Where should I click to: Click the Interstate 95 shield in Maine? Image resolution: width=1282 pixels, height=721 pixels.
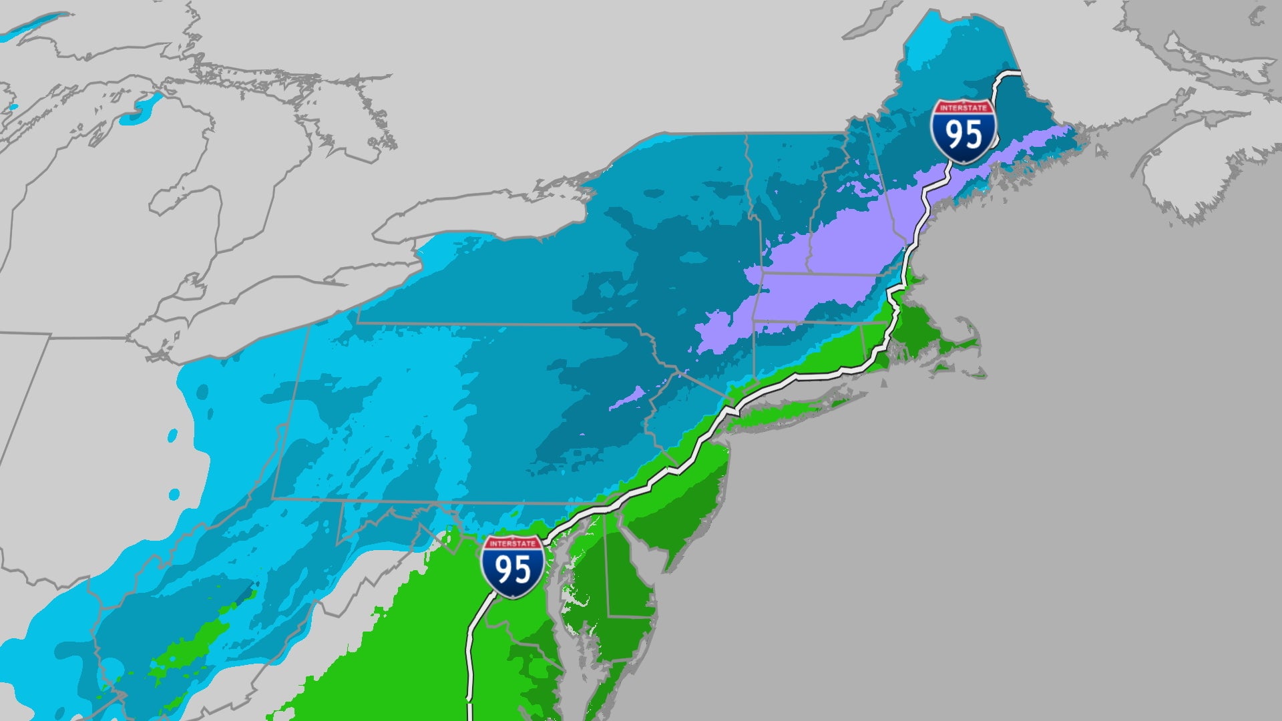pyautogui.click(x=964, y=132)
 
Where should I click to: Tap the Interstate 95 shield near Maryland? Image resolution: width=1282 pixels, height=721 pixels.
pyautogui.click(x=512, y=566)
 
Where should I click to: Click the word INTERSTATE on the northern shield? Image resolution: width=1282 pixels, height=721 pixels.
pyautogui.click(x=964, y=107)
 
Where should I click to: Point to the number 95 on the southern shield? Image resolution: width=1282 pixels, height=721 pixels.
pyautogui.click(x=512, y=571)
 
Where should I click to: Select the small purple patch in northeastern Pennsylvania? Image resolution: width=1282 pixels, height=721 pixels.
pyautogui.click(x=628, y=398)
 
